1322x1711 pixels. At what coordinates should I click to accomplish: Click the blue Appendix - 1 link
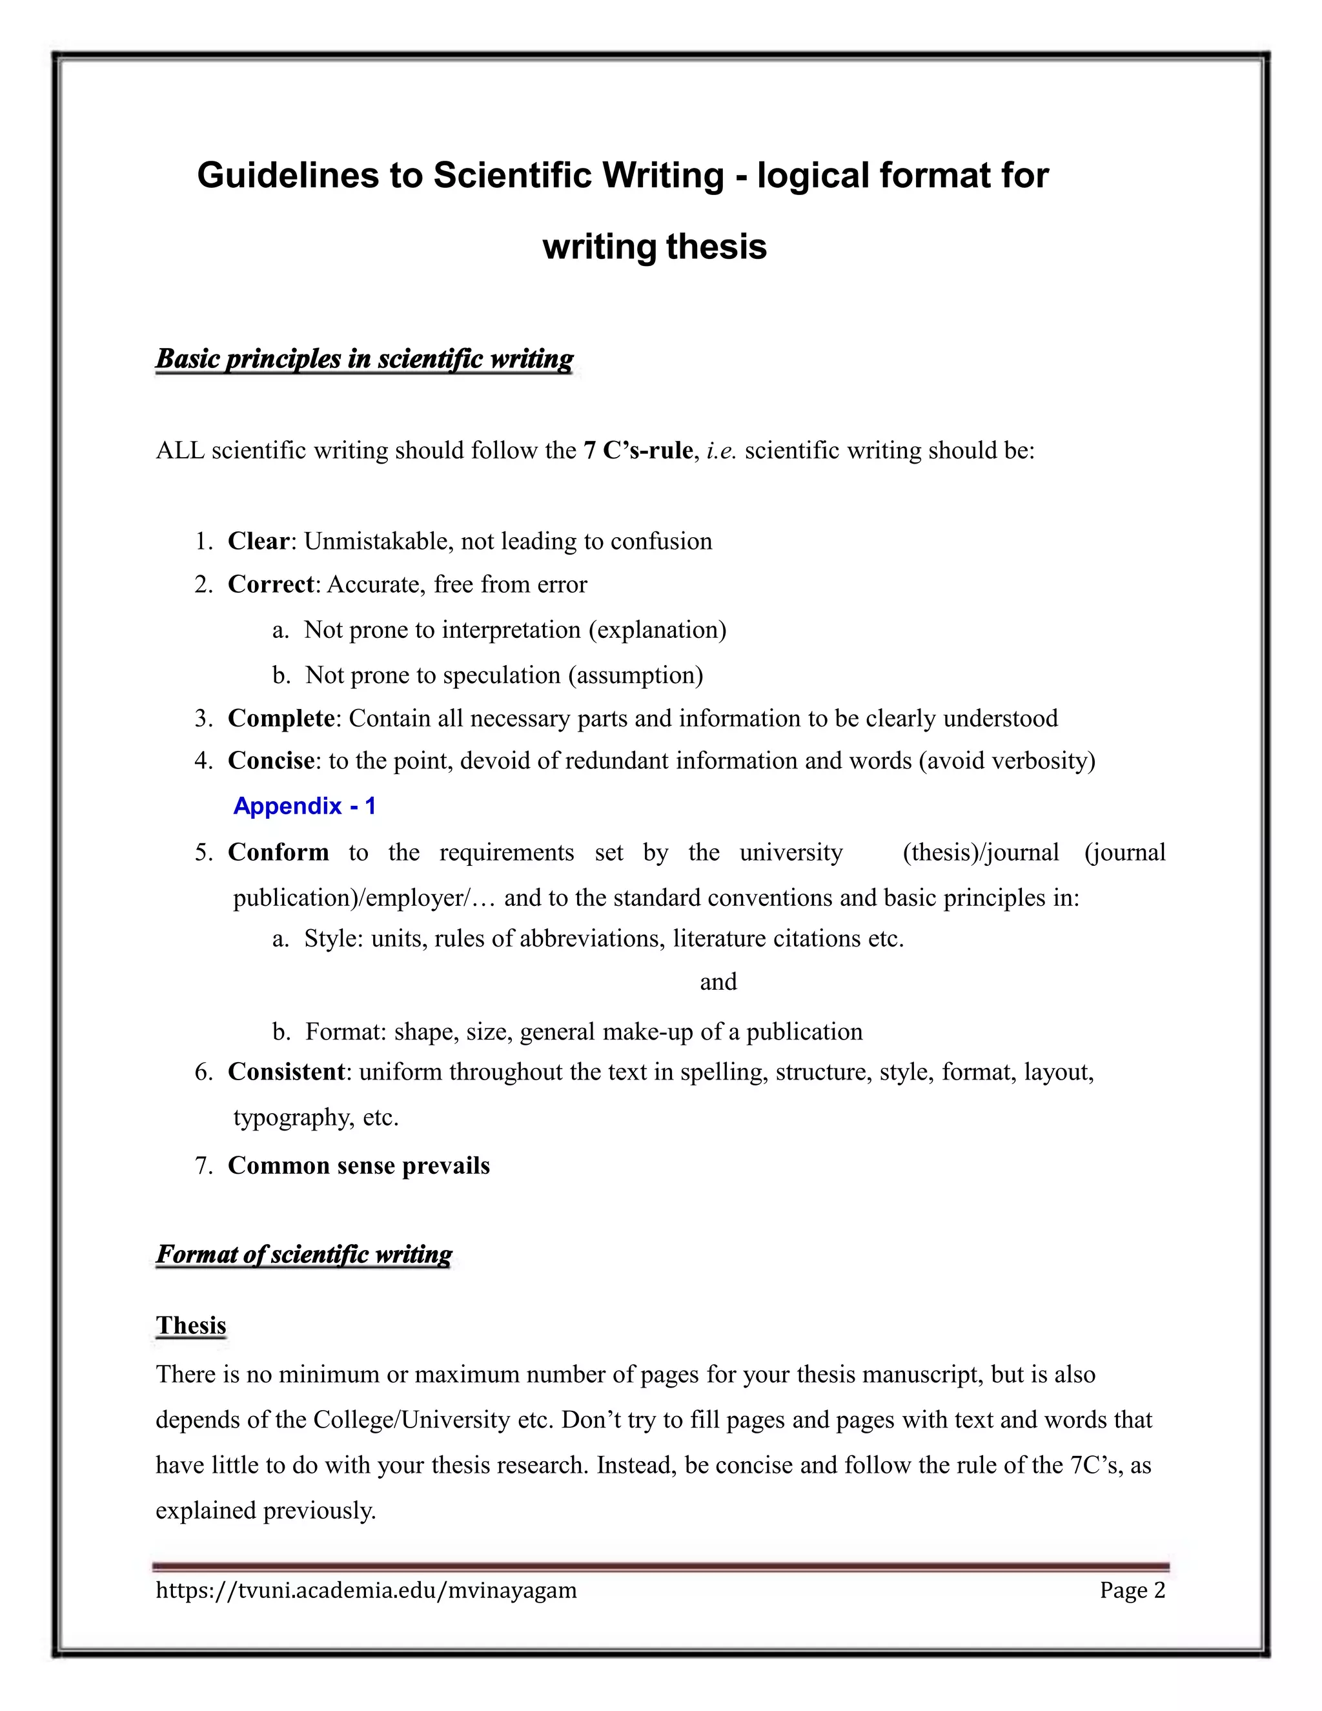(x=305, y=806)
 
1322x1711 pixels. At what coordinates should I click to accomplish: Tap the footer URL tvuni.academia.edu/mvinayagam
(x=366, y=1590)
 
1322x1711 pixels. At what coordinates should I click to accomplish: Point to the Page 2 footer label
(x=1132, y=1590)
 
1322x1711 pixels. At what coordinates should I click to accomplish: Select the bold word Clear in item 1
(x=258, y=541)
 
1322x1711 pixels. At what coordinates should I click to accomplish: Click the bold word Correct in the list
(x=270, y=584)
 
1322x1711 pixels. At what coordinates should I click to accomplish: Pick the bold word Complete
(x=280, y=719)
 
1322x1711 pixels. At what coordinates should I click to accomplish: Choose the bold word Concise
(x=270, y=761)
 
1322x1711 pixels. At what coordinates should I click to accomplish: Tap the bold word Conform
(x=278, y=852)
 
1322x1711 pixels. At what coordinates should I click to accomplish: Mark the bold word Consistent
(x=286, y=1072)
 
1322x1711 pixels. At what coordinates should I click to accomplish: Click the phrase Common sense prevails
(x=359, y=1165)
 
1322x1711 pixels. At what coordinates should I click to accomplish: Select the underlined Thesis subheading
(x=191, y=1326)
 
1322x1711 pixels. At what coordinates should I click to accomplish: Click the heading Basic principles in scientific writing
(x=364, y=359)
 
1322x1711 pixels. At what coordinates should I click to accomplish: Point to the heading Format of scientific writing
(x=304, y=1255)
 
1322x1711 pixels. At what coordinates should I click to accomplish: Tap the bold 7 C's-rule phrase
(x=638, y=451)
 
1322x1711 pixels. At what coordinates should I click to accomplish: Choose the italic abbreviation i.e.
(x=721, y=451)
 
